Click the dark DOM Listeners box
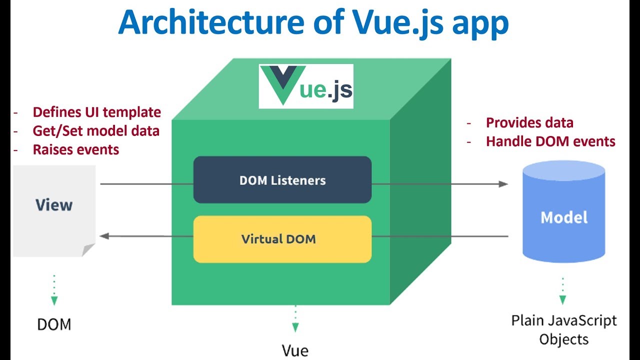[282, 179]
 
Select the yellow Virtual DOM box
[282, 239]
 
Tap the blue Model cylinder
[563, 211]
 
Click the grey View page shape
[54, 211]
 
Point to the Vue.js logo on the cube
[306, 86]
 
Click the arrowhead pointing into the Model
[503, 184]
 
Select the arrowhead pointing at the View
[104, 236]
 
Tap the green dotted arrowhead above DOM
[54, 301]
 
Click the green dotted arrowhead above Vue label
[295, 327]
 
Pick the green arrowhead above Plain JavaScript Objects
[562, 300]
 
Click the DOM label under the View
[54, 324]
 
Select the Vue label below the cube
[295, 350]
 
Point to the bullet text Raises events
[75, 149]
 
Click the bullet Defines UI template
[97, 112]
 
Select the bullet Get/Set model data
[96, 131]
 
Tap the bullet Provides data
[529, 123]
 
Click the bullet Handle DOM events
[550, 141]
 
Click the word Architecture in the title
[211, 22]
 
